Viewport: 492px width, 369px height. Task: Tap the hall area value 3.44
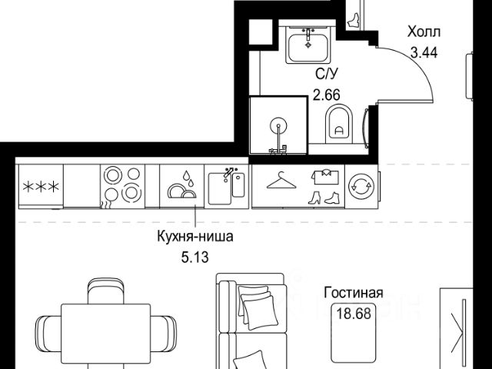(423, 53)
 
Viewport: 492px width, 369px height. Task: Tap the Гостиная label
(354, 293)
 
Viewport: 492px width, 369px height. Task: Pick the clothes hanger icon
(276, 181)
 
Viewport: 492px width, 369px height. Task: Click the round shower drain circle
(278, 124)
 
